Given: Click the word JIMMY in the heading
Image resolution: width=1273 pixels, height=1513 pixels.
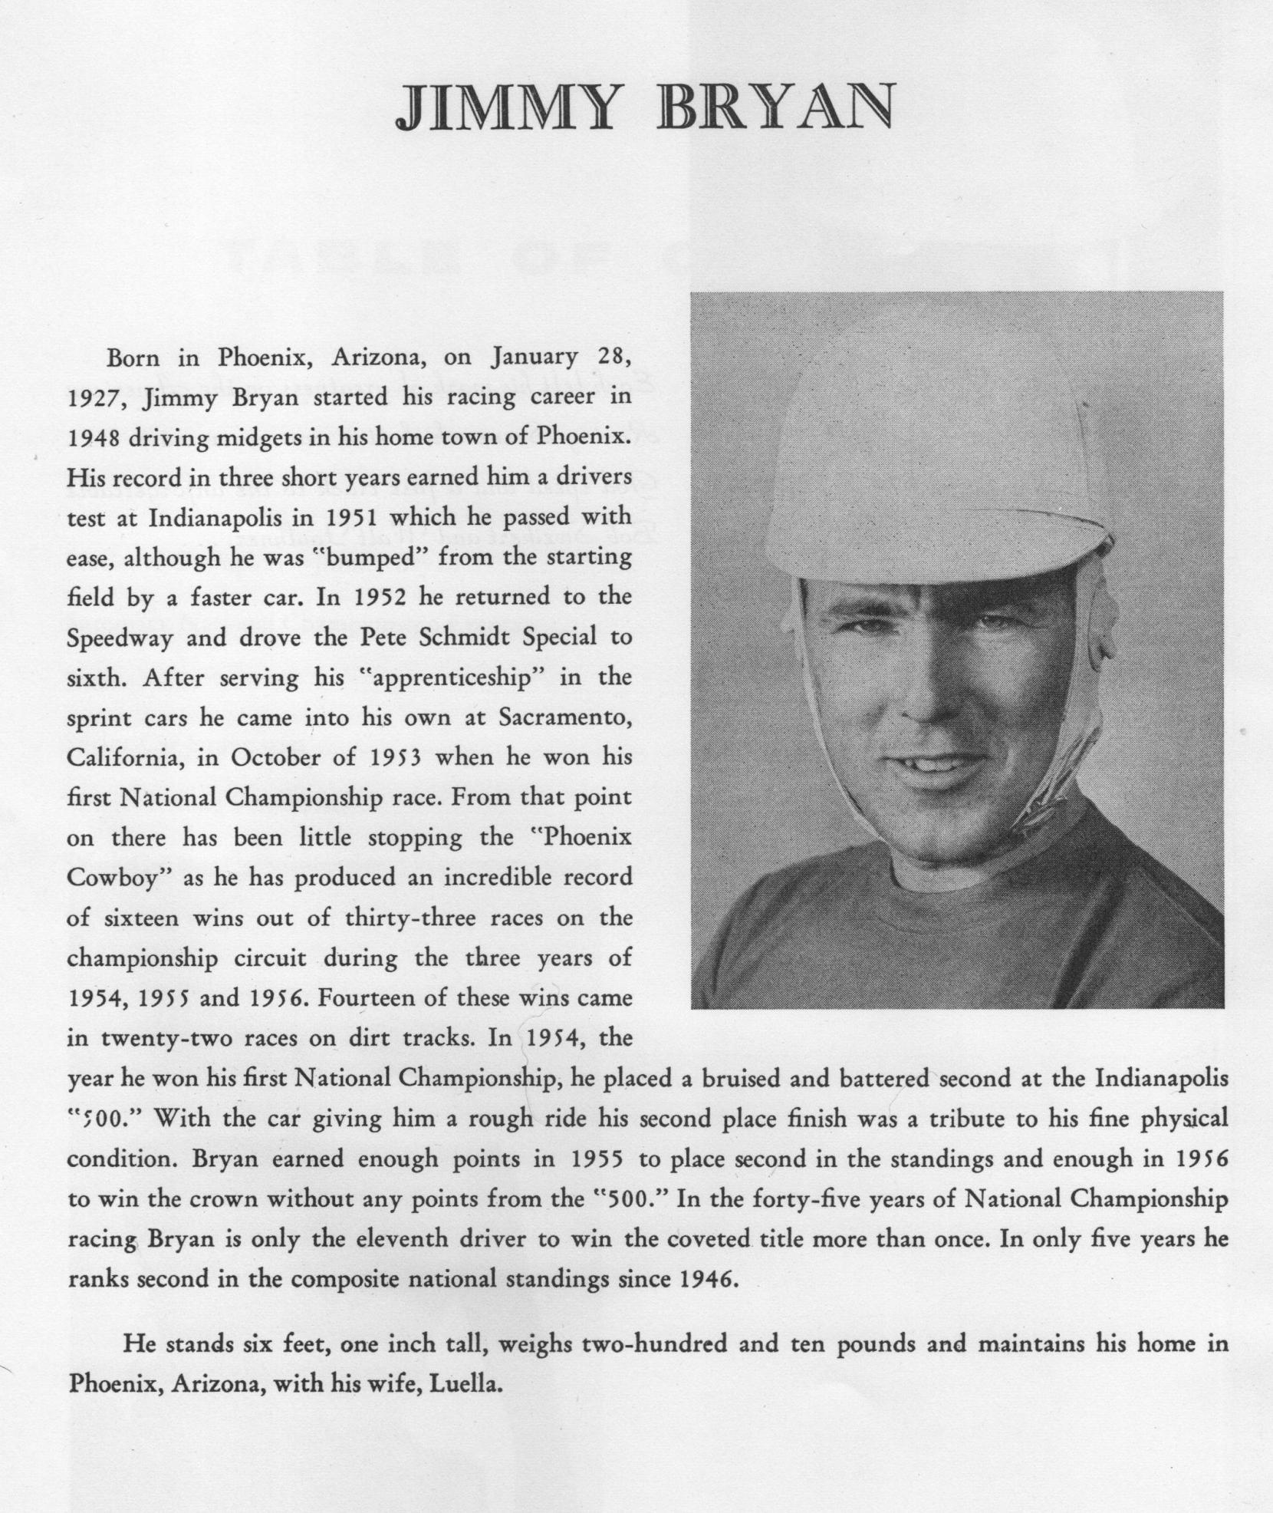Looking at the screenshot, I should (505, 108).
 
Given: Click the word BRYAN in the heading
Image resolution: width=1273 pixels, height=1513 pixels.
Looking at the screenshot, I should (775, 108).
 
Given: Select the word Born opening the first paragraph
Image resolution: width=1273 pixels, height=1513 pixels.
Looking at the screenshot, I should (133, 358).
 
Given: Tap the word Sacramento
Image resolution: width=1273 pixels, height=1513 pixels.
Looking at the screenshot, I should (565, 718).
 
